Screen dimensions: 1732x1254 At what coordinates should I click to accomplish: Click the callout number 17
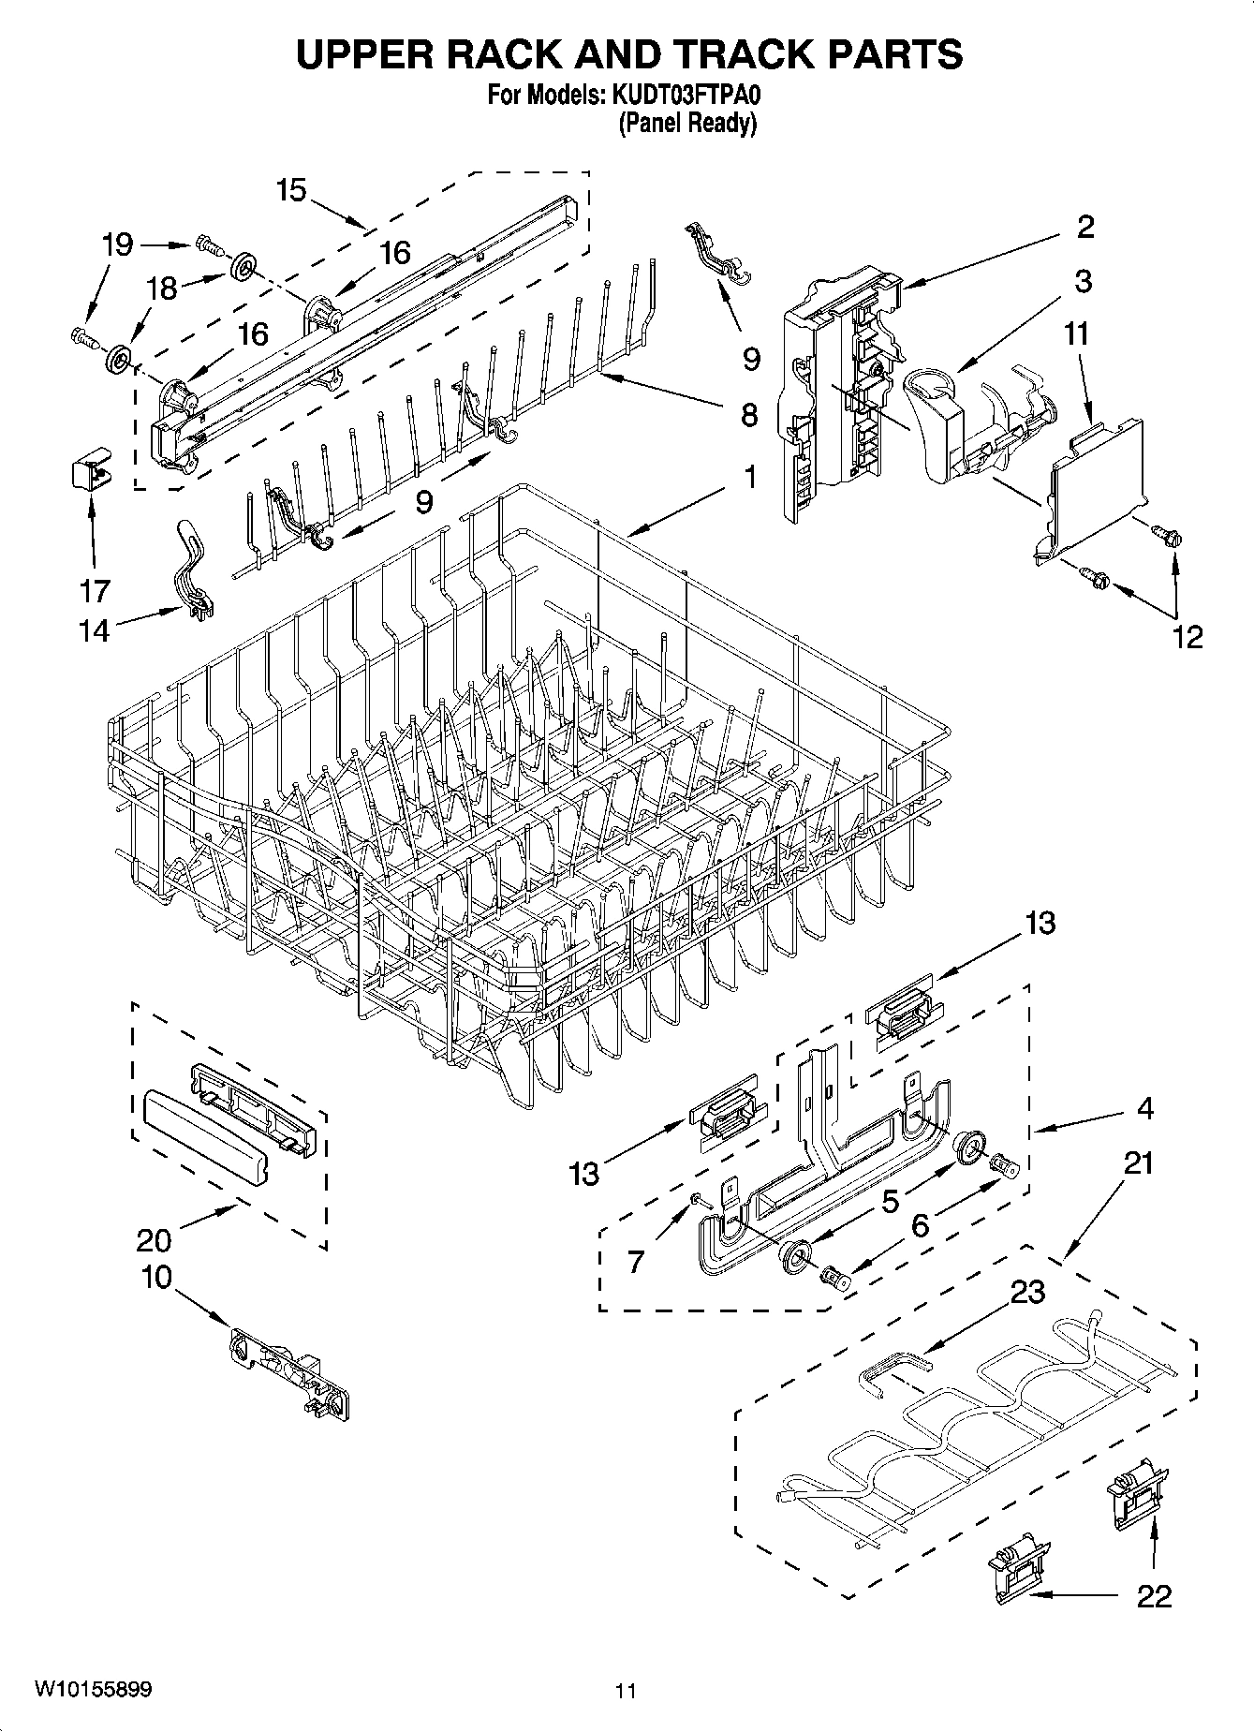tap(96, 591)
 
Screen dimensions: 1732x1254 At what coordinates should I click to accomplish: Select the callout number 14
tap(94, 630)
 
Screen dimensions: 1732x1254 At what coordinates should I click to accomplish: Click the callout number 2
tap(1085, 227)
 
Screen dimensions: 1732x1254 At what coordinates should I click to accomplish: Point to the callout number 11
tap(1076, 333)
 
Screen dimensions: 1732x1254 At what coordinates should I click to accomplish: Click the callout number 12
tap(1187, 637)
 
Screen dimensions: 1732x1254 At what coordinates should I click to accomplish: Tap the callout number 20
tap(155, 1240)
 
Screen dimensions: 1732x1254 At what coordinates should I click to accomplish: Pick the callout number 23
tap(1027, 1292)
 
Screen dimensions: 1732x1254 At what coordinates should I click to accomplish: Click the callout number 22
tap(1154, 1596)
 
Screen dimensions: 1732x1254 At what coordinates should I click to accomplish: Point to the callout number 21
tap(1139, 1163)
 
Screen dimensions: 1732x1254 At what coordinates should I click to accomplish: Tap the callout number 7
tap(636, 1262)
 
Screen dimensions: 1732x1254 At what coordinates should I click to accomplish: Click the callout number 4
tap(1144, 1109)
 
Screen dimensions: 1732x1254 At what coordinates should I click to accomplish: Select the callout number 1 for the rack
tap(749, 477)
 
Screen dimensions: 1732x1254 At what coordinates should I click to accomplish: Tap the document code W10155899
tap(94, 1689)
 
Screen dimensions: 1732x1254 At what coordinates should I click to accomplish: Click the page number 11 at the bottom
tap(626, 1691)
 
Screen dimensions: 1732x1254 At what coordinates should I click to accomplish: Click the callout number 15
tap(291, 190)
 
